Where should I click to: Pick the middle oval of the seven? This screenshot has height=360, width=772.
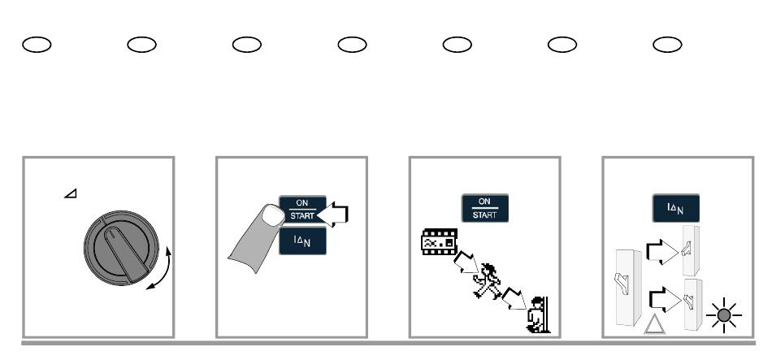point(351,44)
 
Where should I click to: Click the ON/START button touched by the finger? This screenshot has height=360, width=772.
point(302,210)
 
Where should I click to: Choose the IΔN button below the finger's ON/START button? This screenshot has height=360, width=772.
point(303,241)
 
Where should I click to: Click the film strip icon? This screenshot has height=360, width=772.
point(436,241)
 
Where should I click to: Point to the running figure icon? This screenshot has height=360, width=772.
point(488,278)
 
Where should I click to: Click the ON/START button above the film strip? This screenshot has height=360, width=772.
point(484,209)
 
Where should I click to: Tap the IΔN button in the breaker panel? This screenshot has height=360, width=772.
point(674,209)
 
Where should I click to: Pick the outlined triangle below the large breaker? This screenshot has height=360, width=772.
point(653,325)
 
